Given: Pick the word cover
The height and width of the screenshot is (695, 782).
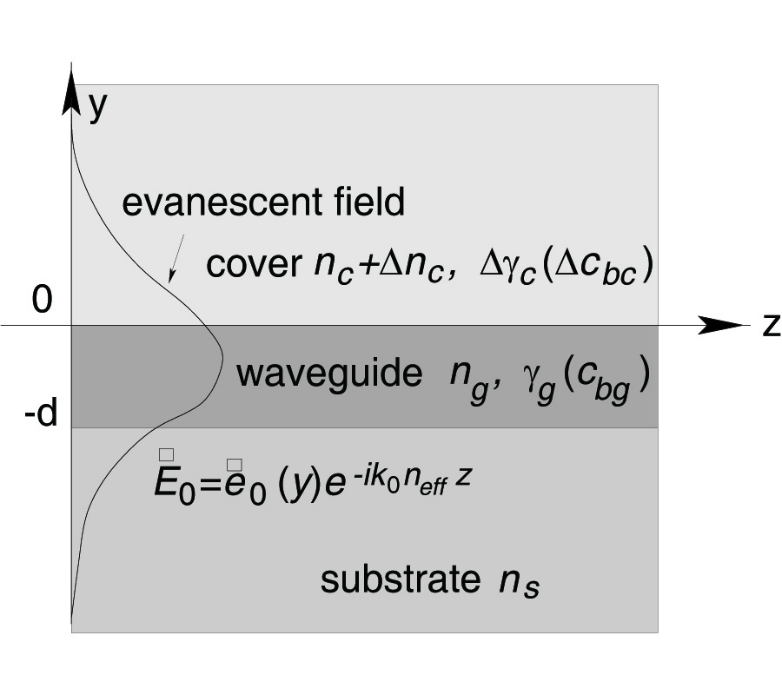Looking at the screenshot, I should point(253,264).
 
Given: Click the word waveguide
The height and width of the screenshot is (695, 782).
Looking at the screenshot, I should point(329,374).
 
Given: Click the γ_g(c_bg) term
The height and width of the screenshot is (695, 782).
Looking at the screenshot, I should point(577,377).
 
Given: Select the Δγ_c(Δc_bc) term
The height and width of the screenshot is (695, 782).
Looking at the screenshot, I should point(566,266).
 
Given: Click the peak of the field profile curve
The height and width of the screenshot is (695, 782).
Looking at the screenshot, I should point(222,357).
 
